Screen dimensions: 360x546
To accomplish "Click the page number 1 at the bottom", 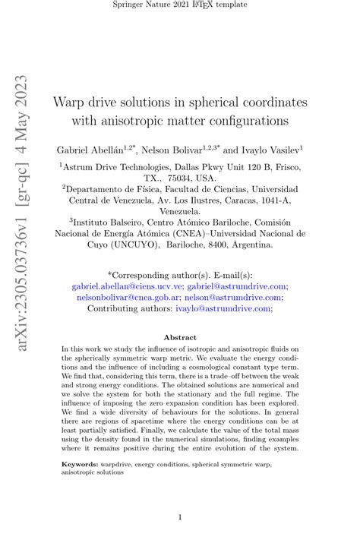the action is tap(180, 518).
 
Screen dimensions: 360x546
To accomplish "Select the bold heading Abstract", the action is tap(180, 337).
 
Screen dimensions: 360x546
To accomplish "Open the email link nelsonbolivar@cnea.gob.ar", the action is tap(125, 298).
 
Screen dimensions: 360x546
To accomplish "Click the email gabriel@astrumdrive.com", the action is tap(238, 286).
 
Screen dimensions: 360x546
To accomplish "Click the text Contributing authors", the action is tap(131, 309).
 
